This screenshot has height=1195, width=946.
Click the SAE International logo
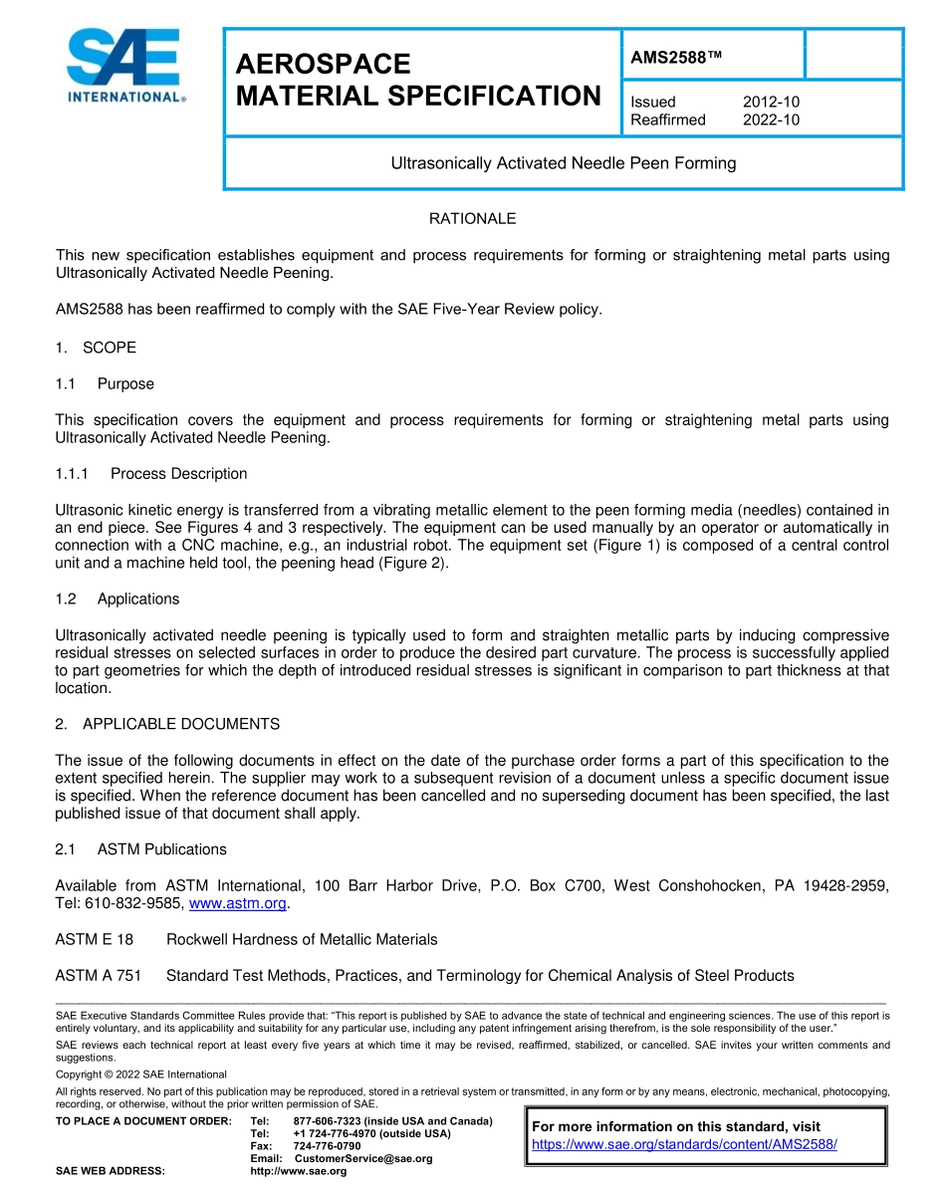(x=123, y=66)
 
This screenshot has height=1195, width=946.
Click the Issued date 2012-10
(x=771, y=102)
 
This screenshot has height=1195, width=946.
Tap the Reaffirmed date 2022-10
(x=771, y=119)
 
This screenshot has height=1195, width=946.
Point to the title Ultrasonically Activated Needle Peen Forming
(x=563, y=162)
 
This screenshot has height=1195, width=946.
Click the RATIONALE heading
(x=472, y=218)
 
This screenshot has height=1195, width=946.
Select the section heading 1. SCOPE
(x=96, y=348)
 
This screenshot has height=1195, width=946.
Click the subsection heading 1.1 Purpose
(x=105, y=383)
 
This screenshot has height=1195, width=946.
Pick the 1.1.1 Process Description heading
(x=151, y=473)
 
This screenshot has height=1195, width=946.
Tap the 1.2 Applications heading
(x=118, y=598)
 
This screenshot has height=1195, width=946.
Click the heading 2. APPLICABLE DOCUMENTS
(x=167, y=724)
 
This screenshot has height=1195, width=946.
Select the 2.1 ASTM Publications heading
(x=140, y=849)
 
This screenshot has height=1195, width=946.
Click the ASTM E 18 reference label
(x=94, y=939)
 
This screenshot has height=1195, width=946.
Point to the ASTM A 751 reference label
(x=98, y=975)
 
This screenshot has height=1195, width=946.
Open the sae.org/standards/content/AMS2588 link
(x=684, y=1144)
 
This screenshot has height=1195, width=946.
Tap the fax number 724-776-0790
(x=327, y=1146)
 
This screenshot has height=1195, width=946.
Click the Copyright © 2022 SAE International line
(x=140, y=1075)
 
